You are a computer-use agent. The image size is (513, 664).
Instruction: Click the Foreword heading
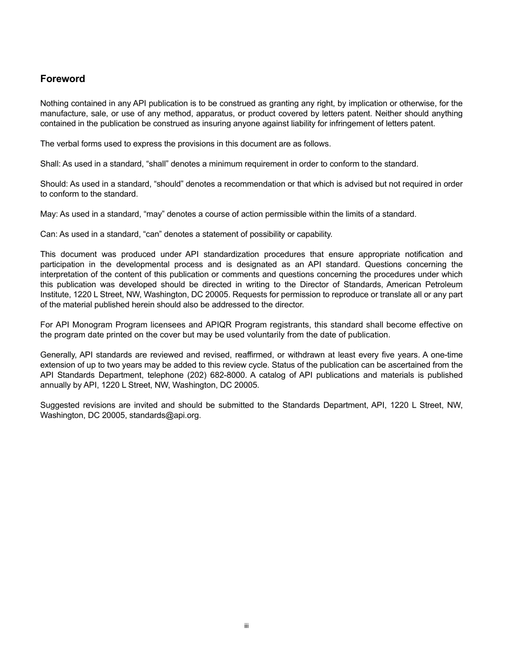[x=63, y=79]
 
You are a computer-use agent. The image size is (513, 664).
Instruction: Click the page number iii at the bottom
[x=246, y=626]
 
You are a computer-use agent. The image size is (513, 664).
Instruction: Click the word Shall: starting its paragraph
[x=50, y=164]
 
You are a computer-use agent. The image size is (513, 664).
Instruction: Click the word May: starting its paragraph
[x=49, y=214]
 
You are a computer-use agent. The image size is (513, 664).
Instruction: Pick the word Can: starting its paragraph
[x=49, y=234]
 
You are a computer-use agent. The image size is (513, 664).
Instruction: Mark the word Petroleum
[x=444, y=284]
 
